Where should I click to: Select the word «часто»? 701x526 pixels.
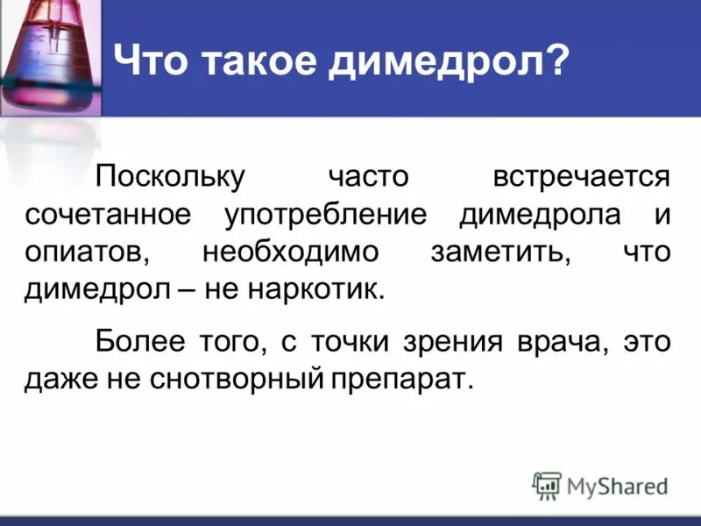tap(368, 176)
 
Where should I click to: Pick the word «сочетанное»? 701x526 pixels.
tap(107, 215)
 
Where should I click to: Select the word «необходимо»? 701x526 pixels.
tap(290, 252)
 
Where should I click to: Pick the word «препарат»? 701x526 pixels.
tap(400, 378)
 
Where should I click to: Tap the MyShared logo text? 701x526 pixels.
tap(616, 485)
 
